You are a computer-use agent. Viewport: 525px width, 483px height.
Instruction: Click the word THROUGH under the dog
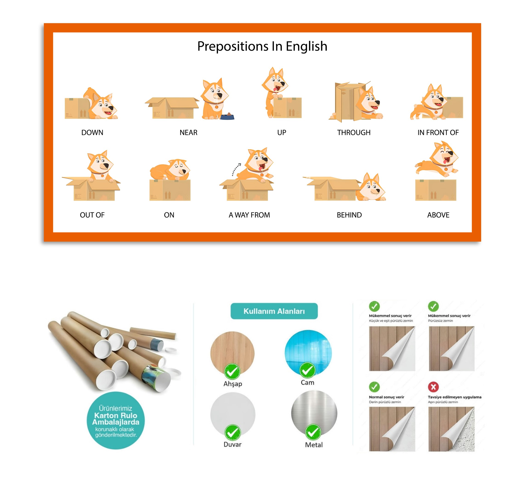coord(354,133)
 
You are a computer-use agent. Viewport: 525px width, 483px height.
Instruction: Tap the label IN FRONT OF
coord(438,133)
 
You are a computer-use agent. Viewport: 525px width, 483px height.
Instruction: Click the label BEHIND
coord(349,215)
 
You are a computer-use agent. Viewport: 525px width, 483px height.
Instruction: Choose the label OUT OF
coord(92,215)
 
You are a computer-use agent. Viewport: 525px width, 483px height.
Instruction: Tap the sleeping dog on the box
coord(170,170)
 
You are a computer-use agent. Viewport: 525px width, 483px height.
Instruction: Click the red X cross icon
coord(433,387)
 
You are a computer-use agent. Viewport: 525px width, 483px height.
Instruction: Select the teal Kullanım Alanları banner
coord(274,311)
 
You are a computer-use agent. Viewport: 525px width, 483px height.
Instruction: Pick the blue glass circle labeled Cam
coord(308,353)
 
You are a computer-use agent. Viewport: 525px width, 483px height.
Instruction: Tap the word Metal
coord(314,445)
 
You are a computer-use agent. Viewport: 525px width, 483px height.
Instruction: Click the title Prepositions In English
coord(262,46)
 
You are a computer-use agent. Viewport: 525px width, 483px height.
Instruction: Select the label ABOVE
coord(438,215)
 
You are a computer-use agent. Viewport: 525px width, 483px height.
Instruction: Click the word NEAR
coord(188,133)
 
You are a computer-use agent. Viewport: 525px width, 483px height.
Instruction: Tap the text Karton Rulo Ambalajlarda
coord(116,419)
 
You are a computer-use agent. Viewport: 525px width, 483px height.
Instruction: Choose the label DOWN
coord(92,133)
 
